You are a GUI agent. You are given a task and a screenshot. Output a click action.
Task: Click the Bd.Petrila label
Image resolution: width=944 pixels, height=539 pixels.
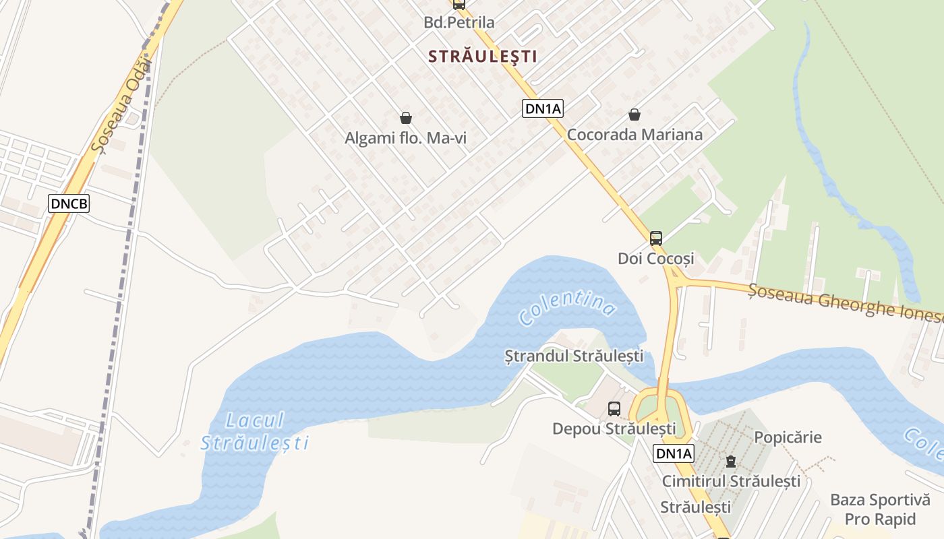[x=459, y=22]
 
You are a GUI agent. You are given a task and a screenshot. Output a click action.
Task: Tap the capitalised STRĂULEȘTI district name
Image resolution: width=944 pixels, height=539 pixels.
[x=483, y=57]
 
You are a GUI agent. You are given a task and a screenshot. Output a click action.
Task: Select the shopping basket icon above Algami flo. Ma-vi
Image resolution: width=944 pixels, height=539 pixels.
[x=406, y=119]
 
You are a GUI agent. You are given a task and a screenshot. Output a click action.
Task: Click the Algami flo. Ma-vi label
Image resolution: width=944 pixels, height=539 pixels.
[x=406, y=138]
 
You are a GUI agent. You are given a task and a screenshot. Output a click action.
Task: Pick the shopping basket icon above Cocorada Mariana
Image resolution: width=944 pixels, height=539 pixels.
[x=634, y=115]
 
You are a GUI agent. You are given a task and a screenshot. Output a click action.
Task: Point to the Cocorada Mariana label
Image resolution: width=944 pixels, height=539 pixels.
[x=635, y=134]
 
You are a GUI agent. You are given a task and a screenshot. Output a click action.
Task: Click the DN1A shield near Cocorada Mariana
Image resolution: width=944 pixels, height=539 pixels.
[x=542, y=108]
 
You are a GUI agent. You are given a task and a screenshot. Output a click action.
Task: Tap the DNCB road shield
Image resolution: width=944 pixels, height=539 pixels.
[x=69, y=203]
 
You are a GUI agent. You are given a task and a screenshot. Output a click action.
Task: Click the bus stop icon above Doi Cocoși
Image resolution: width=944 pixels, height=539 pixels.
[x=655, y=238]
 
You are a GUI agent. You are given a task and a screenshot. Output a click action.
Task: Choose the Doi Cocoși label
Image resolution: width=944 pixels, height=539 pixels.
[x=655, y=258]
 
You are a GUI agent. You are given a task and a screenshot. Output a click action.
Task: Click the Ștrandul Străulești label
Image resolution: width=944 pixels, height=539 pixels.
[x=574, y=355]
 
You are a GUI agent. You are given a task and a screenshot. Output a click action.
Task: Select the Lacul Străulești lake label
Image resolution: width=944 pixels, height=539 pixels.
[x=255, y=432]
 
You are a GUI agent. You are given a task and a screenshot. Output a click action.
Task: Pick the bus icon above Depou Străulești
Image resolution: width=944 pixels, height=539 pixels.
[x=614, y=408]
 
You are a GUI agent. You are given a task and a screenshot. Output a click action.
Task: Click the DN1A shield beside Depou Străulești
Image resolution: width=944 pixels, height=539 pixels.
[x=673, y=453]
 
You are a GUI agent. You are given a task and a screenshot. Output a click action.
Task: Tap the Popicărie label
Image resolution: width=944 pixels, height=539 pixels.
[x=788, y=437]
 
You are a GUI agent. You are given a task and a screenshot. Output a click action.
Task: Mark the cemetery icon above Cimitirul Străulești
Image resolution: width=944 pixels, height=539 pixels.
[x=730, y=462]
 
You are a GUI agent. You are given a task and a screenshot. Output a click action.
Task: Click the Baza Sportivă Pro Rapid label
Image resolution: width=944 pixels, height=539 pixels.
[x=879, y=509]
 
